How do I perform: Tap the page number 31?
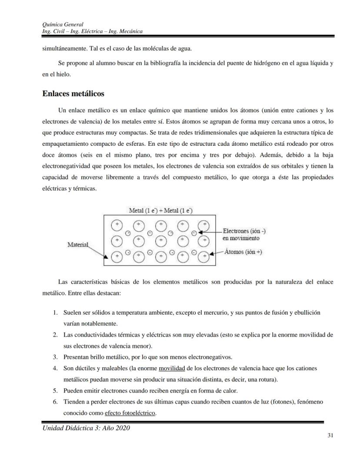(330, 436)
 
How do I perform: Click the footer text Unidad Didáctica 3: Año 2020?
(86, 428)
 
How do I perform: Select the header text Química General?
(63, 24)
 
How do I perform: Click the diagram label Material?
(78, 245)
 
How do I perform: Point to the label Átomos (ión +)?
(243, 252)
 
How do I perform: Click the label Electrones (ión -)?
(244, 231)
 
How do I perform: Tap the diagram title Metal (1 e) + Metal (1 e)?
(160, 211)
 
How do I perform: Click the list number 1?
(55, 312)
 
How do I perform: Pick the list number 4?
(55, 368)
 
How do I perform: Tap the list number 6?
(55, 402)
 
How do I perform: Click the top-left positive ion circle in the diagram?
(117, 225)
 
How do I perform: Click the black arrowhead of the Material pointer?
(106, 262)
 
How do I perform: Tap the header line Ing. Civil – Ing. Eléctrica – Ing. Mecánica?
(93, 31)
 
